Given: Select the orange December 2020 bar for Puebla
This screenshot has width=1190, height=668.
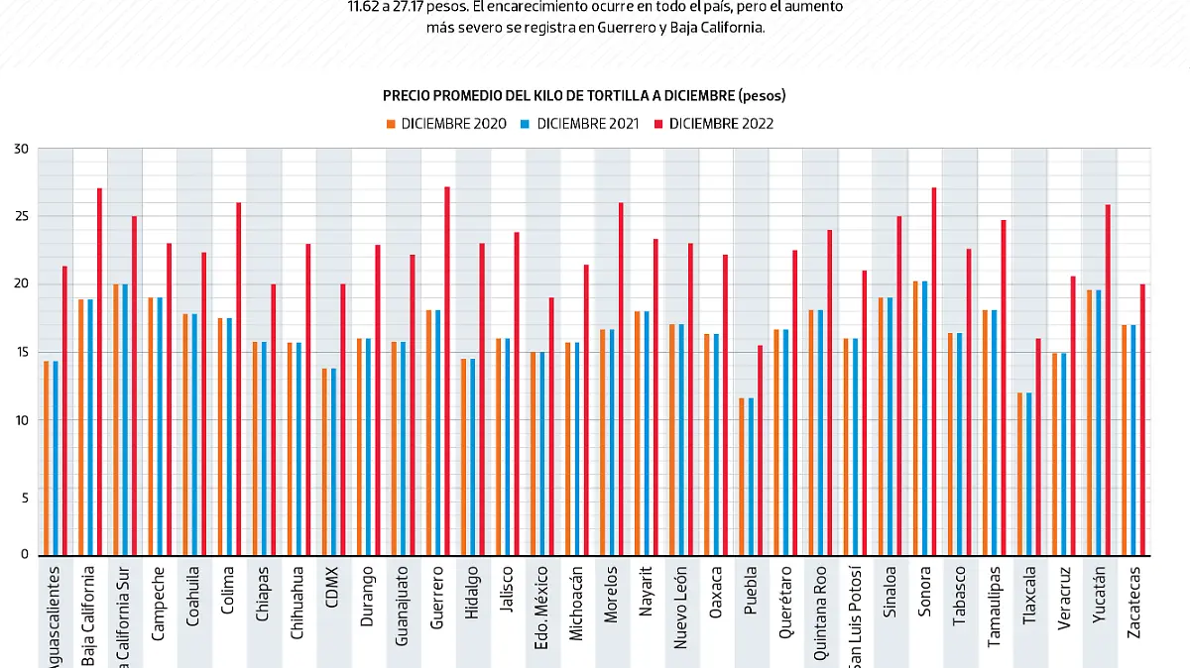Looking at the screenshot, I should tap(741, 477).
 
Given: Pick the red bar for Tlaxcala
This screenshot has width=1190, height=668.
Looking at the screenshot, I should tap(1038, 447).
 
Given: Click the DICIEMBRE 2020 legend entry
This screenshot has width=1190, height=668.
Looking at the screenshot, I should tap(446, 124).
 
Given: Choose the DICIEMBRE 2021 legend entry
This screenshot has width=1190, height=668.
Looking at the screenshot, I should tap(580, 124).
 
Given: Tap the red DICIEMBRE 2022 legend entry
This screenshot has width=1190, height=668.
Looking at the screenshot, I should tap(713, 124).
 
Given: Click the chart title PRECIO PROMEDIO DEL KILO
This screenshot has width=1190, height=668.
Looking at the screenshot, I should tap(584, 95).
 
